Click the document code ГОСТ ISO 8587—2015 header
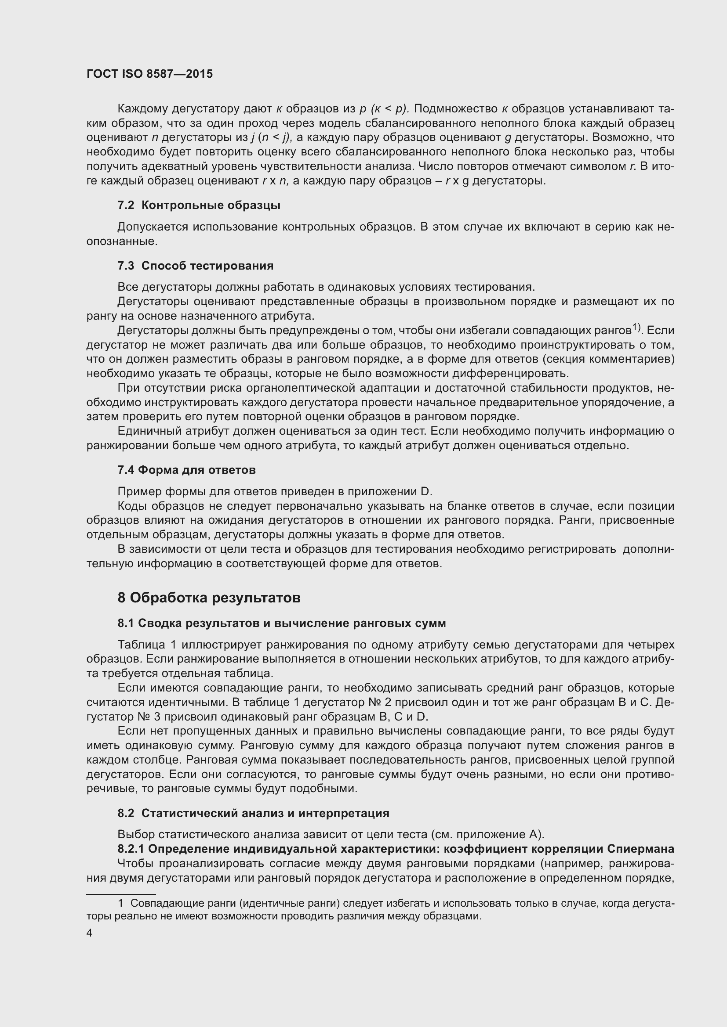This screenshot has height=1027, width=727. (x=149, y=74)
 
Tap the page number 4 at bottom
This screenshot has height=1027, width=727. (x=90, y=933)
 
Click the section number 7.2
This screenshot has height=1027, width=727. (x=126, y=205)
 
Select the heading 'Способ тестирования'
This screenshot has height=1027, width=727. (x=207, y=266)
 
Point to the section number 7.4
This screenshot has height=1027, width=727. (x=126, y=470)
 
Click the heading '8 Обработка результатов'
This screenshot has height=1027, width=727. (x=209, y=598)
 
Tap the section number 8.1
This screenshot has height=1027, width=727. (x=126, y=623)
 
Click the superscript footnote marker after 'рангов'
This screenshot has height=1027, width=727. (x=636, y=328)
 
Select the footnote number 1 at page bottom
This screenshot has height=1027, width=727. (x=120, y=903)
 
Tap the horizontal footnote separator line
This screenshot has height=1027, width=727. (x=115, y=893)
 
